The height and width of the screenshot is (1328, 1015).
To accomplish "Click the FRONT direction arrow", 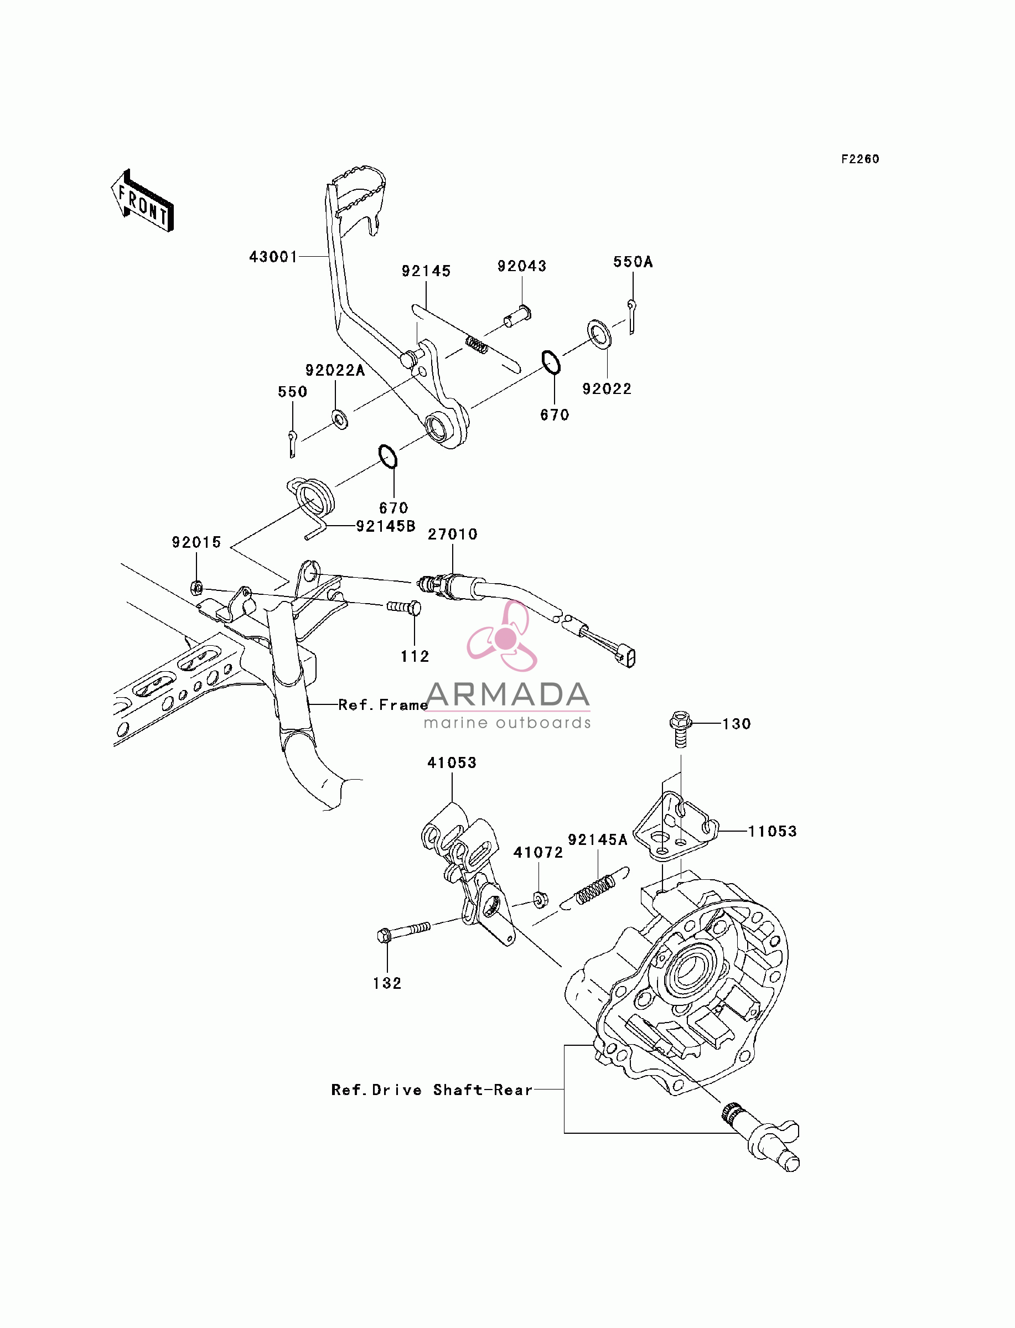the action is coord(143,201).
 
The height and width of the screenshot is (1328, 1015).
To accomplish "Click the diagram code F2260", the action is coord(859,159).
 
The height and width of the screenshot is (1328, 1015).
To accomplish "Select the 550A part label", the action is coord(633,262).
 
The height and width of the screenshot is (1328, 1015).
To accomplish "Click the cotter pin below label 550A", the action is coord(631,317).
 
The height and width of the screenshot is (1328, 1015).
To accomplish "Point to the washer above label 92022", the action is coord(599,335).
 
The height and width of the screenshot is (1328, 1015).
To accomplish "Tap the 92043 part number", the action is coord(521,266).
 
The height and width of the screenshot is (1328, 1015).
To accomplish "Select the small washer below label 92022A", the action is coord(340,418).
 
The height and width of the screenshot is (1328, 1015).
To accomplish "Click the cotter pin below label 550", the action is coord(292,443).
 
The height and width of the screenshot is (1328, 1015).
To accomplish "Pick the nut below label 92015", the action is coord(196,587).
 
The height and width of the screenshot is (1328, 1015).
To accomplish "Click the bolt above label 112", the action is coord(403,606).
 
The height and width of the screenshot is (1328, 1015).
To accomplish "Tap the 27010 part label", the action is coord(453,534).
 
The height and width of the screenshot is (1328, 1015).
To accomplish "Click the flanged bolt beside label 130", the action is coord(680,729).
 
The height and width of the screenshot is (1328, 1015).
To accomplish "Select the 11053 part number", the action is coord(772,831).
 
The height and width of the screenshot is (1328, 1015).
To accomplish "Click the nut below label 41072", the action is coord(540,900).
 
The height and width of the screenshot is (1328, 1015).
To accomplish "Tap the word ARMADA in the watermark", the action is coord(507,694).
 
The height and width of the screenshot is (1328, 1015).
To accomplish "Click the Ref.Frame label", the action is coord(383,705).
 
